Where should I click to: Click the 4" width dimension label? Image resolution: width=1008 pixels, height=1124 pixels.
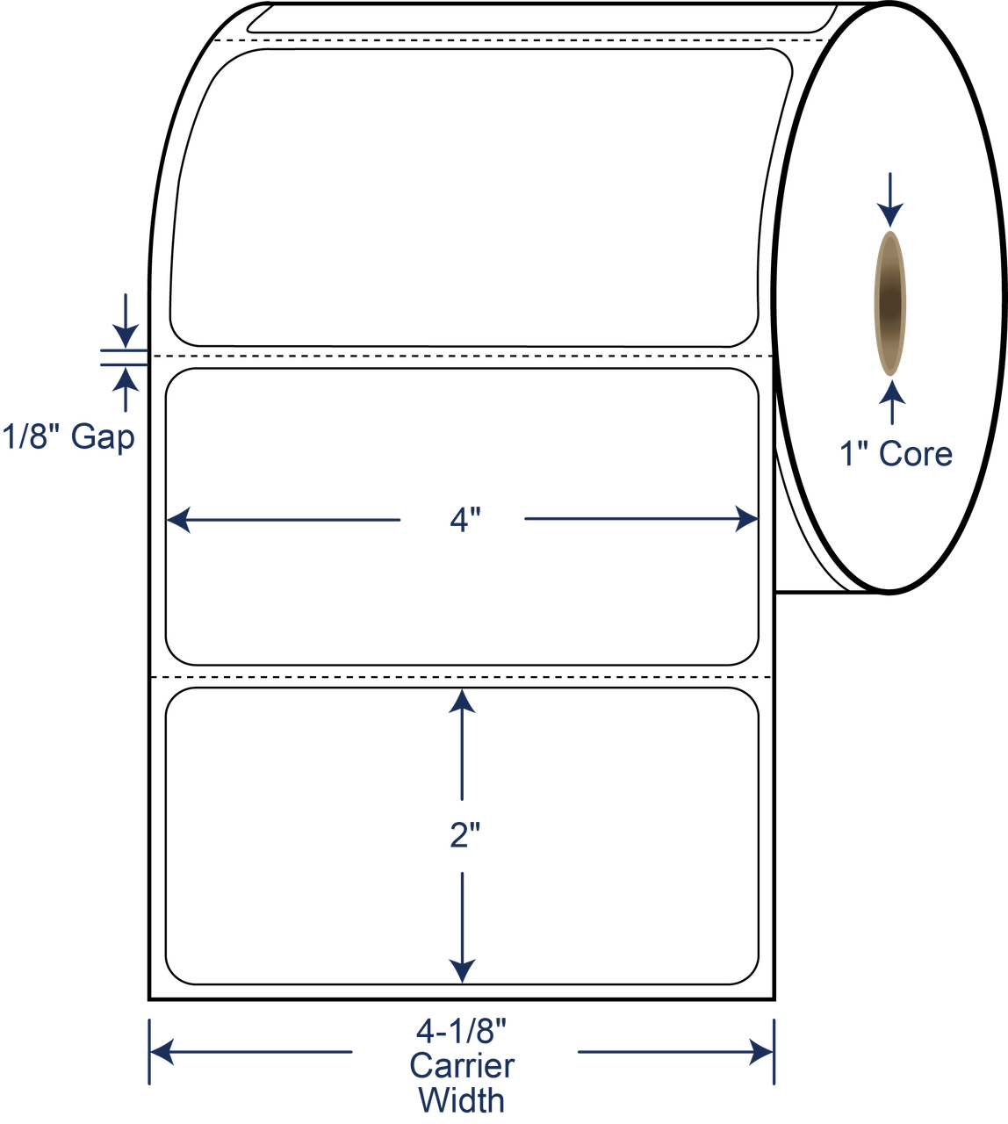click(464, 520)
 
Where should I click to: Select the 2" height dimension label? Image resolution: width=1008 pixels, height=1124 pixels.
click(464, 835)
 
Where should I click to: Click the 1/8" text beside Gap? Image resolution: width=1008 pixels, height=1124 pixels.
click(31, 436)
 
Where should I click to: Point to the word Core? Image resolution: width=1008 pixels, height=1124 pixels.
click(915, 454)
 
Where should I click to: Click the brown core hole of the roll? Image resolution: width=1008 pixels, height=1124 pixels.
click(890, 304)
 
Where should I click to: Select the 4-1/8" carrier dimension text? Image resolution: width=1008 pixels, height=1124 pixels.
click(462, 1031)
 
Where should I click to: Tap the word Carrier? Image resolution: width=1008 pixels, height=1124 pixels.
click(462, 1066)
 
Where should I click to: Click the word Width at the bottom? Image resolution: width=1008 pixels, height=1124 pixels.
click(462, 1100)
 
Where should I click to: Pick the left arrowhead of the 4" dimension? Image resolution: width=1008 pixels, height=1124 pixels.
click(178, 520)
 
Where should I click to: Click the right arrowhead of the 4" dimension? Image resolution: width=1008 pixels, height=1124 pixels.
click(746, 519)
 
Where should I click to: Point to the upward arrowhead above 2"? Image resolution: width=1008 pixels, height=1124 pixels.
click(462, 702)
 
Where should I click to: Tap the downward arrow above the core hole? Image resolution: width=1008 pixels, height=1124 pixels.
click(890, 200)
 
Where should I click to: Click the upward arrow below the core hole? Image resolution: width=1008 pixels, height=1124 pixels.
click(892, 403)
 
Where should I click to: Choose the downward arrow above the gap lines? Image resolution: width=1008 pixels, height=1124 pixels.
click(126, 321)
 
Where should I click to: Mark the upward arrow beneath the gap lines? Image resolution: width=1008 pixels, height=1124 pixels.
click(126, 390)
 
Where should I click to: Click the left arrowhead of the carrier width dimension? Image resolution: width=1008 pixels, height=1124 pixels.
click(162, 1052)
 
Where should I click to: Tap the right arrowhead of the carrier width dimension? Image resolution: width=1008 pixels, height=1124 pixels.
click(760, 1052)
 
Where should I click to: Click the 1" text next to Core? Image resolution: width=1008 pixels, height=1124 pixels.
click(853, 454)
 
